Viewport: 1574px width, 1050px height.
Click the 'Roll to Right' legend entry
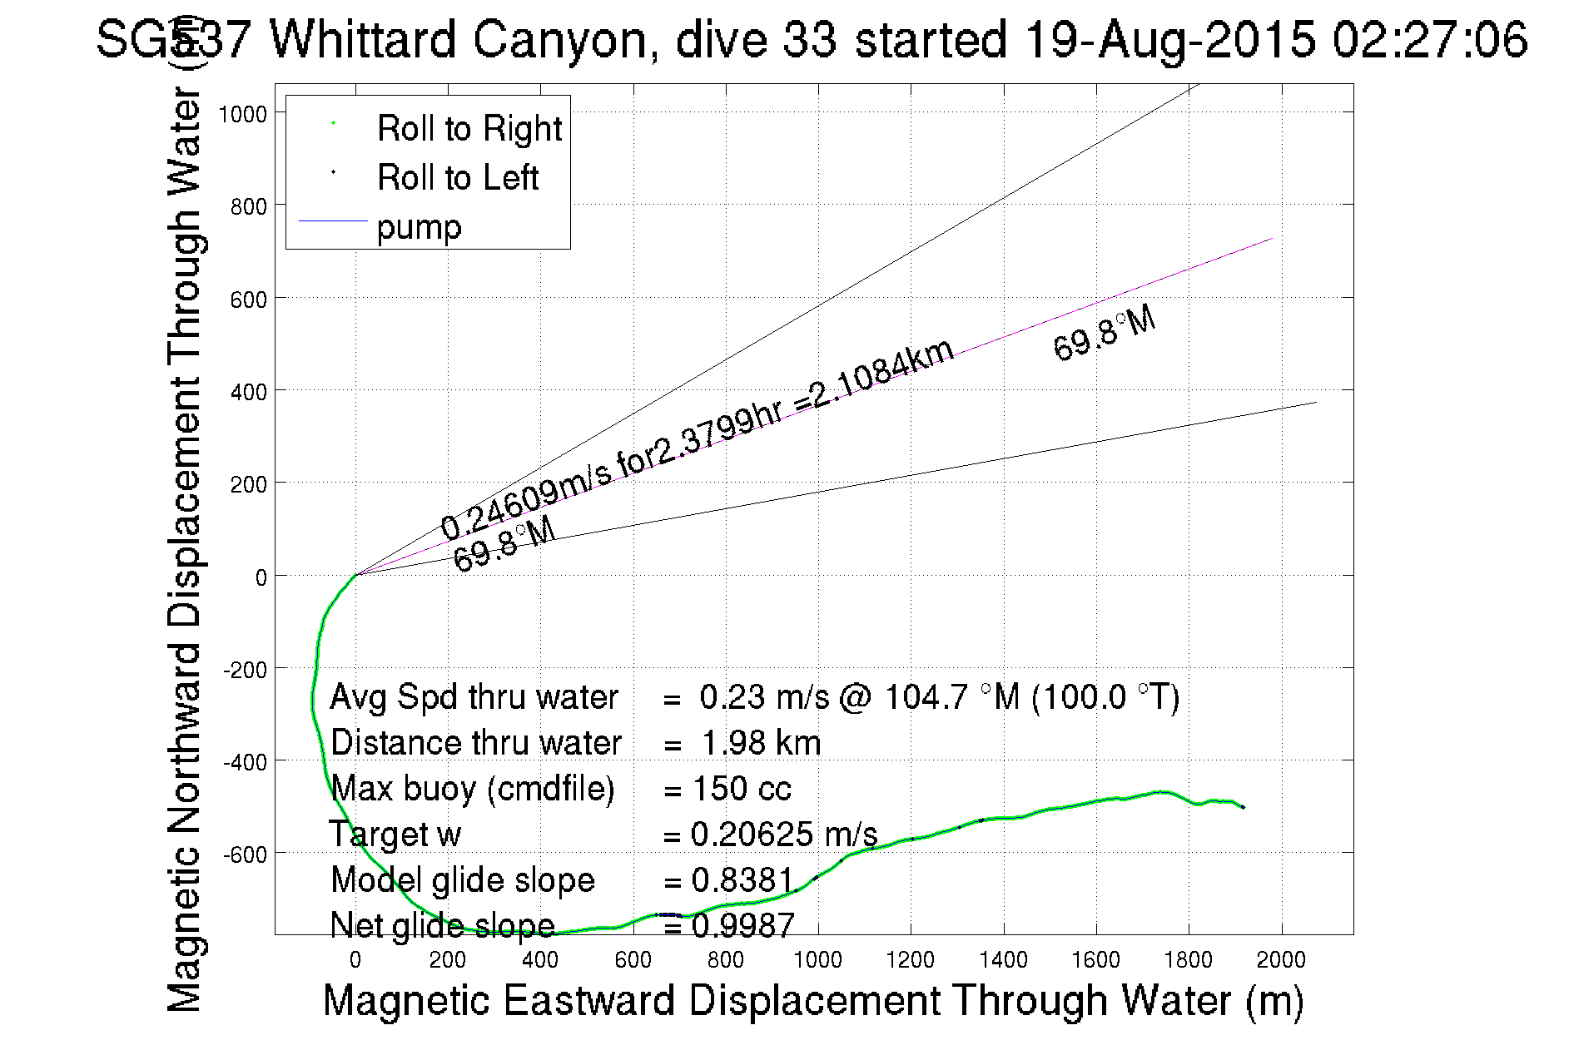coord(469,129)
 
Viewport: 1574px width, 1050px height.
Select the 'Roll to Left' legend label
coord(457,178)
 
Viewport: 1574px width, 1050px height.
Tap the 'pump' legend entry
coord(419,227)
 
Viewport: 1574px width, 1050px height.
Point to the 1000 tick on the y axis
coord(242,114)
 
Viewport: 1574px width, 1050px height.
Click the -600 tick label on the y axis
coord(244,854)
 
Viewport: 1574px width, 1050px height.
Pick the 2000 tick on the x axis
coord(1280,960)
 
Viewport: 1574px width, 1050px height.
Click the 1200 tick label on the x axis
coord(910,960)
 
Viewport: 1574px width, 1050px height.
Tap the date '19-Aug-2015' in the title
coord(1169,39)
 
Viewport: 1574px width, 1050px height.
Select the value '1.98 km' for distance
coord(761,743)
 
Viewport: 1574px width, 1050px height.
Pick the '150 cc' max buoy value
coord(741,789)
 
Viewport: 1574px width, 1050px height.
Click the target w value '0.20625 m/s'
coord(783,835)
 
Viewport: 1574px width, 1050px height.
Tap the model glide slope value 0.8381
coord(742,880)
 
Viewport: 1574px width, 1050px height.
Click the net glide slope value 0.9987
coord(742,925)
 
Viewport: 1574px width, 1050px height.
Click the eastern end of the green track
coord(1243,807)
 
